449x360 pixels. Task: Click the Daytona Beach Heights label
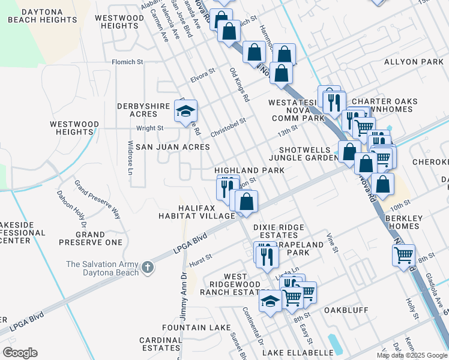pyautogui.click(x=42, y=16)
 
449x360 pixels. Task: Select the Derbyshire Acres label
pyautogui.click(x=143, y=110)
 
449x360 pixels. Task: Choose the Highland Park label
pyautogui.click(x=249, y=171)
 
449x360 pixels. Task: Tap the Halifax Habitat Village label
pyautogui.click(x=196, y=211)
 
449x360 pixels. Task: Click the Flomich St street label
pyautogui.click(x=128, y=62)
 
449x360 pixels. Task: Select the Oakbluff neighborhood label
pyautogui.click(x=345, y=311)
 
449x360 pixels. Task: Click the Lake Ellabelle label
pyautogui.click(x=298, y=352)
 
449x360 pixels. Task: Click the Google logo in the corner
pyautogui.click(x=20, y=353)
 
